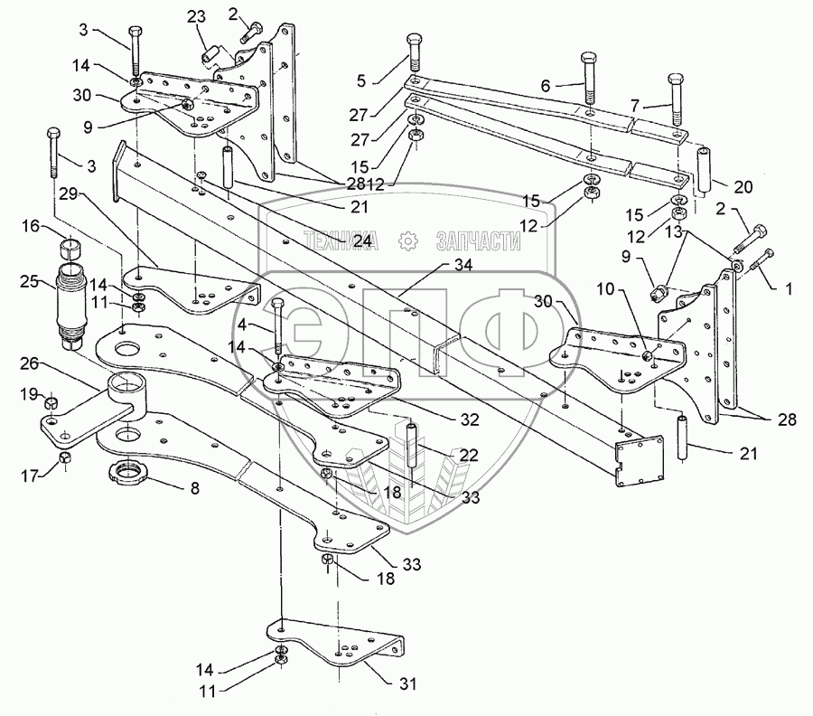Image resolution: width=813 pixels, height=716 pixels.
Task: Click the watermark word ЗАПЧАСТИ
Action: coord(478,240)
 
